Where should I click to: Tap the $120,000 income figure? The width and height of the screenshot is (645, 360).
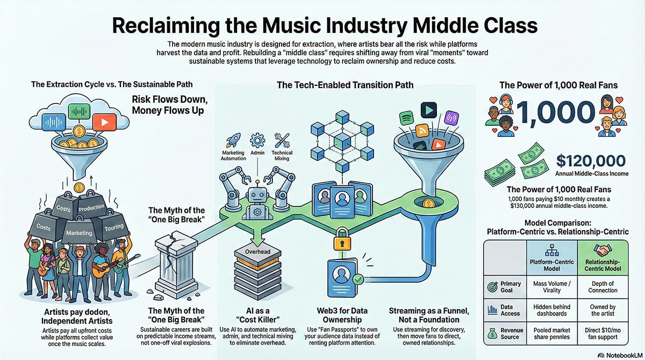[x=591, y=161]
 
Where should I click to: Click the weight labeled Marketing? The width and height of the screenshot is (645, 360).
[x=79, y=233]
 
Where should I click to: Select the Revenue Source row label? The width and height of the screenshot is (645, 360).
[x=511, y=334]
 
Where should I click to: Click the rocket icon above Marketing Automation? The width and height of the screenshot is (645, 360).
[x=234, y=141]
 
